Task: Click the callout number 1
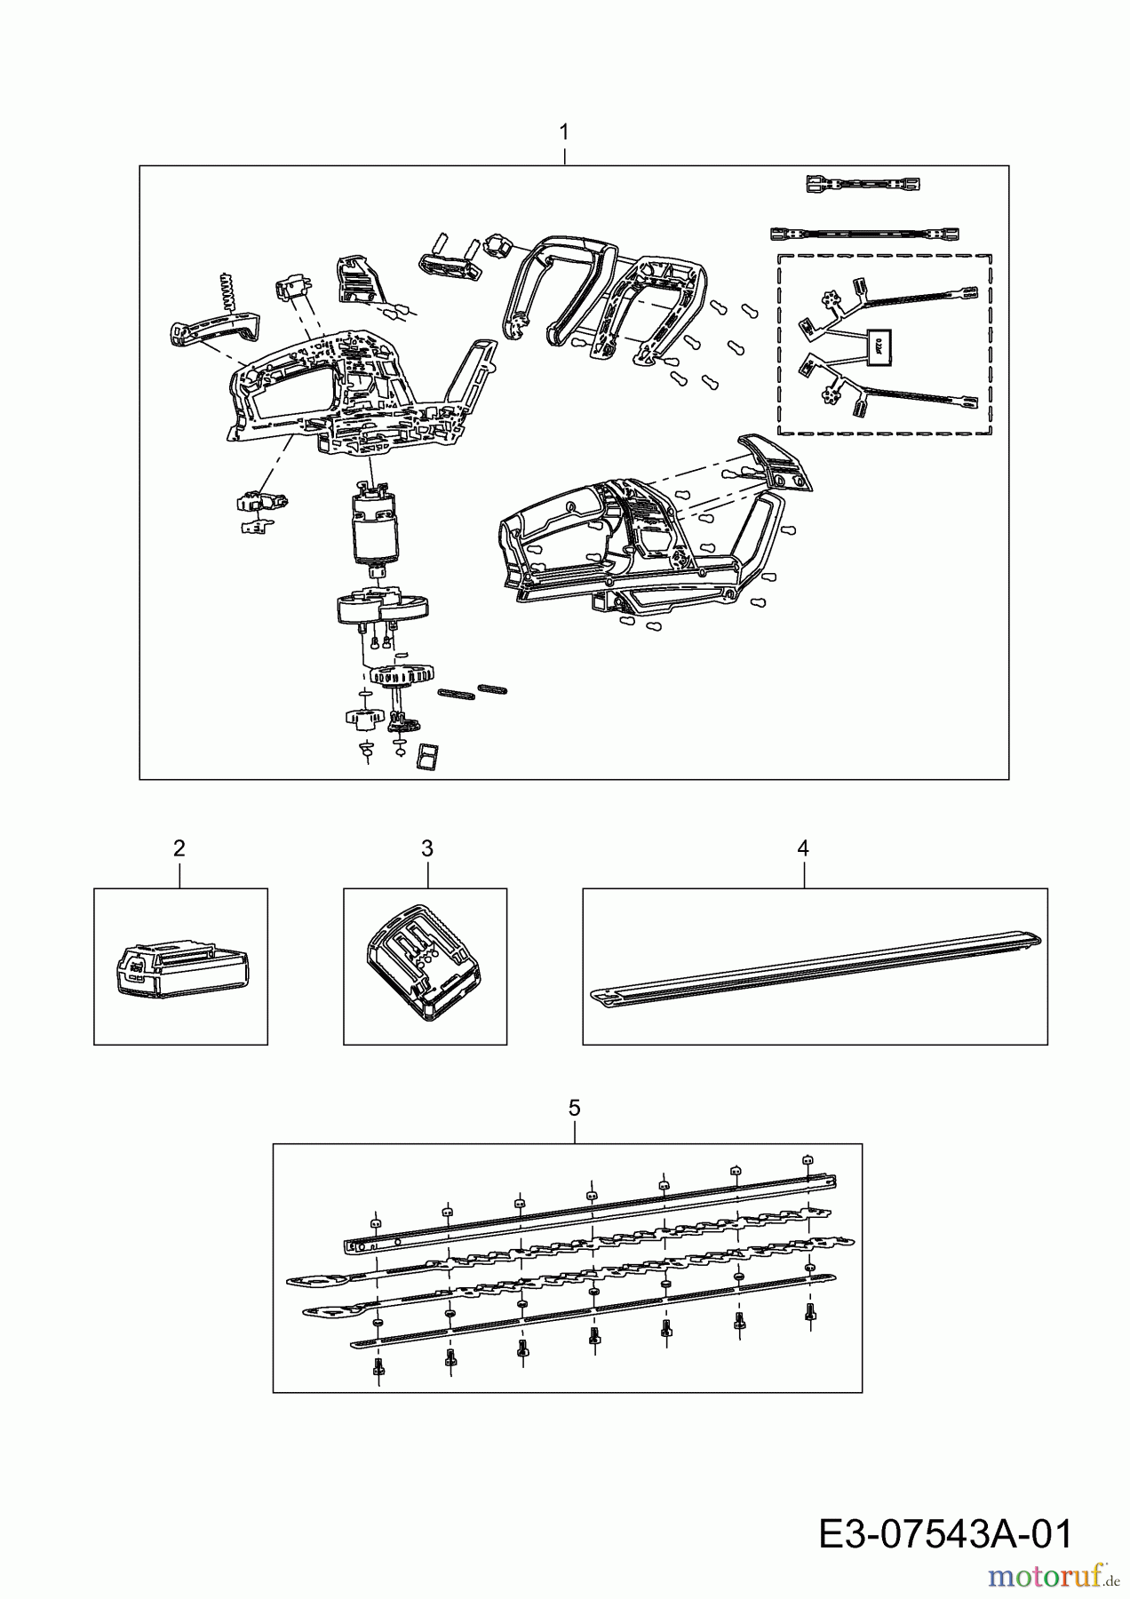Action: [564, 131]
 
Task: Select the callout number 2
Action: [179, 848]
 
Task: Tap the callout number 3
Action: [426, 848]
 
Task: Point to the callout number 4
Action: [803, 848]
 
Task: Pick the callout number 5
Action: [574, 1108]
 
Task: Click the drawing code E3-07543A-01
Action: [944, 1533]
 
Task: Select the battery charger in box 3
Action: [423, 964]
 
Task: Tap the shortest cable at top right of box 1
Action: [862, 184]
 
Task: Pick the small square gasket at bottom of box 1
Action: [428, 755]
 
